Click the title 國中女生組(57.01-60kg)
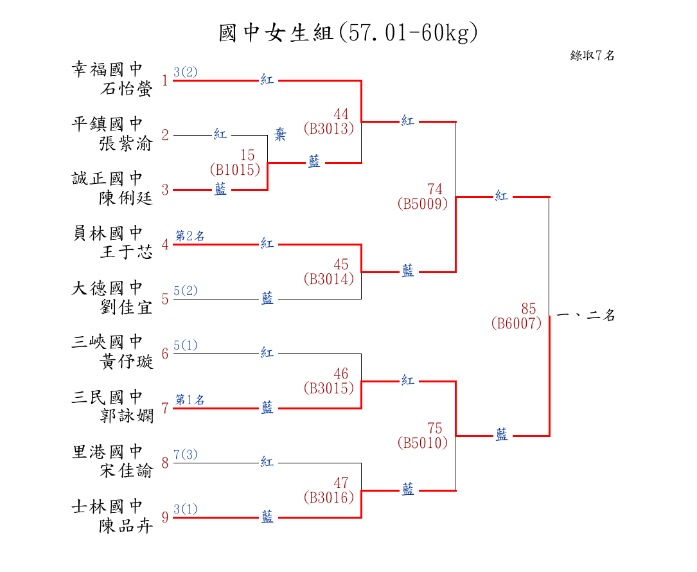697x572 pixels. click(348, 33)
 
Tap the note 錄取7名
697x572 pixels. click(592, 55)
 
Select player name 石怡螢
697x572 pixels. click(127, 89)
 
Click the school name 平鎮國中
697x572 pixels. click(107, 123)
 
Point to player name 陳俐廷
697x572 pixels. click(127, 198)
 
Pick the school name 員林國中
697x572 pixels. click(107, 233)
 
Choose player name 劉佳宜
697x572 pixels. click(127, 307)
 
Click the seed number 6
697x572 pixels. click(165, 353)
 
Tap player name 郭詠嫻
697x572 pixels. click(127, 416)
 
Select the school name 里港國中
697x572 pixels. click(107, 451)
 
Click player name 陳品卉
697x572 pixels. click(127, 526)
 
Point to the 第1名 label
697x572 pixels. click(190, 400)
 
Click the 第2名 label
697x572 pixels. click(190, 236)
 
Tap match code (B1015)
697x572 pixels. click(235, 170)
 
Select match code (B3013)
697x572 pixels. click(329, 129)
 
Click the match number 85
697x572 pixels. click(528, 309)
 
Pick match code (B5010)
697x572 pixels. click(422, 443)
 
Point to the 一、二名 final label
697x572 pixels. click(585, 316)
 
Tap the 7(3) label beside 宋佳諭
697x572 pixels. click(186, 455)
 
